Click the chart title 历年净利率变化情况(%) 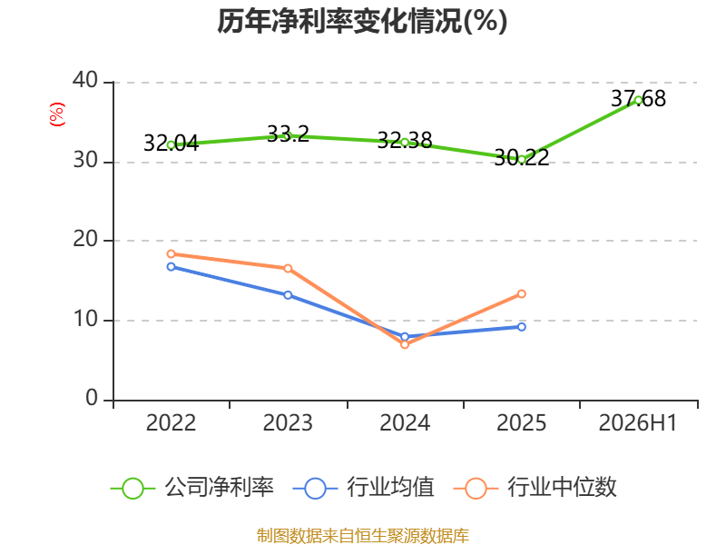(362, 21)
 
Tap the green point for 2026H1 (639, 100)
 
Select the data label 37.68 (639, 98)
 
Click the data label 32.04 (171, 143)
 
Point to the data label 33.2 (288, 134)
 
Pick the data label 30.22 (521, 157)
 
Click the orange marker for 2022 (171, 254)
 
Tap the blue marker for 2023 (288, 295)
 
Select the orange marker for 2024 (405, 344)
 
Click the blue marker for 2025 (521, 327)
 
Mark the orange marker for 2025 (521, 293)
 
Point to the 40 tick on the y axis (85, 80)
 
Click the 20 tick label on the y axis (85, 239)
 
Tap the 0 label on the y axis (92, 398)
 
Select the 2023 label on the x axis (288, 423)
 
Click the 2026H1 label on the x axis (638, 423)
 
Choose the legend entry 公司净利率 (192, 488)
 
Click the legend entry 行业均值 (364, 488)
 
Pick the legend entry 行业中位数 (535, 488)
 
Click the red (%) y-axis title (57, 114)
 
